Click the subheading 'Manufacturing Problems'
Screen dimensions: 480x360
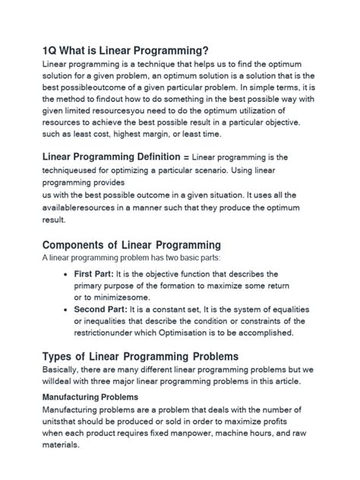pyautogui.click(x=90, y=396)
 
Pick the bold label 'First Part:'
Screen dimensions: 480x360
pyautogui.click(x=97, y=273)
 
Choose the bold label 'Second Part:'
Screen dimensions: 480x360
pyautogui.click(x=103, y=310)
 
